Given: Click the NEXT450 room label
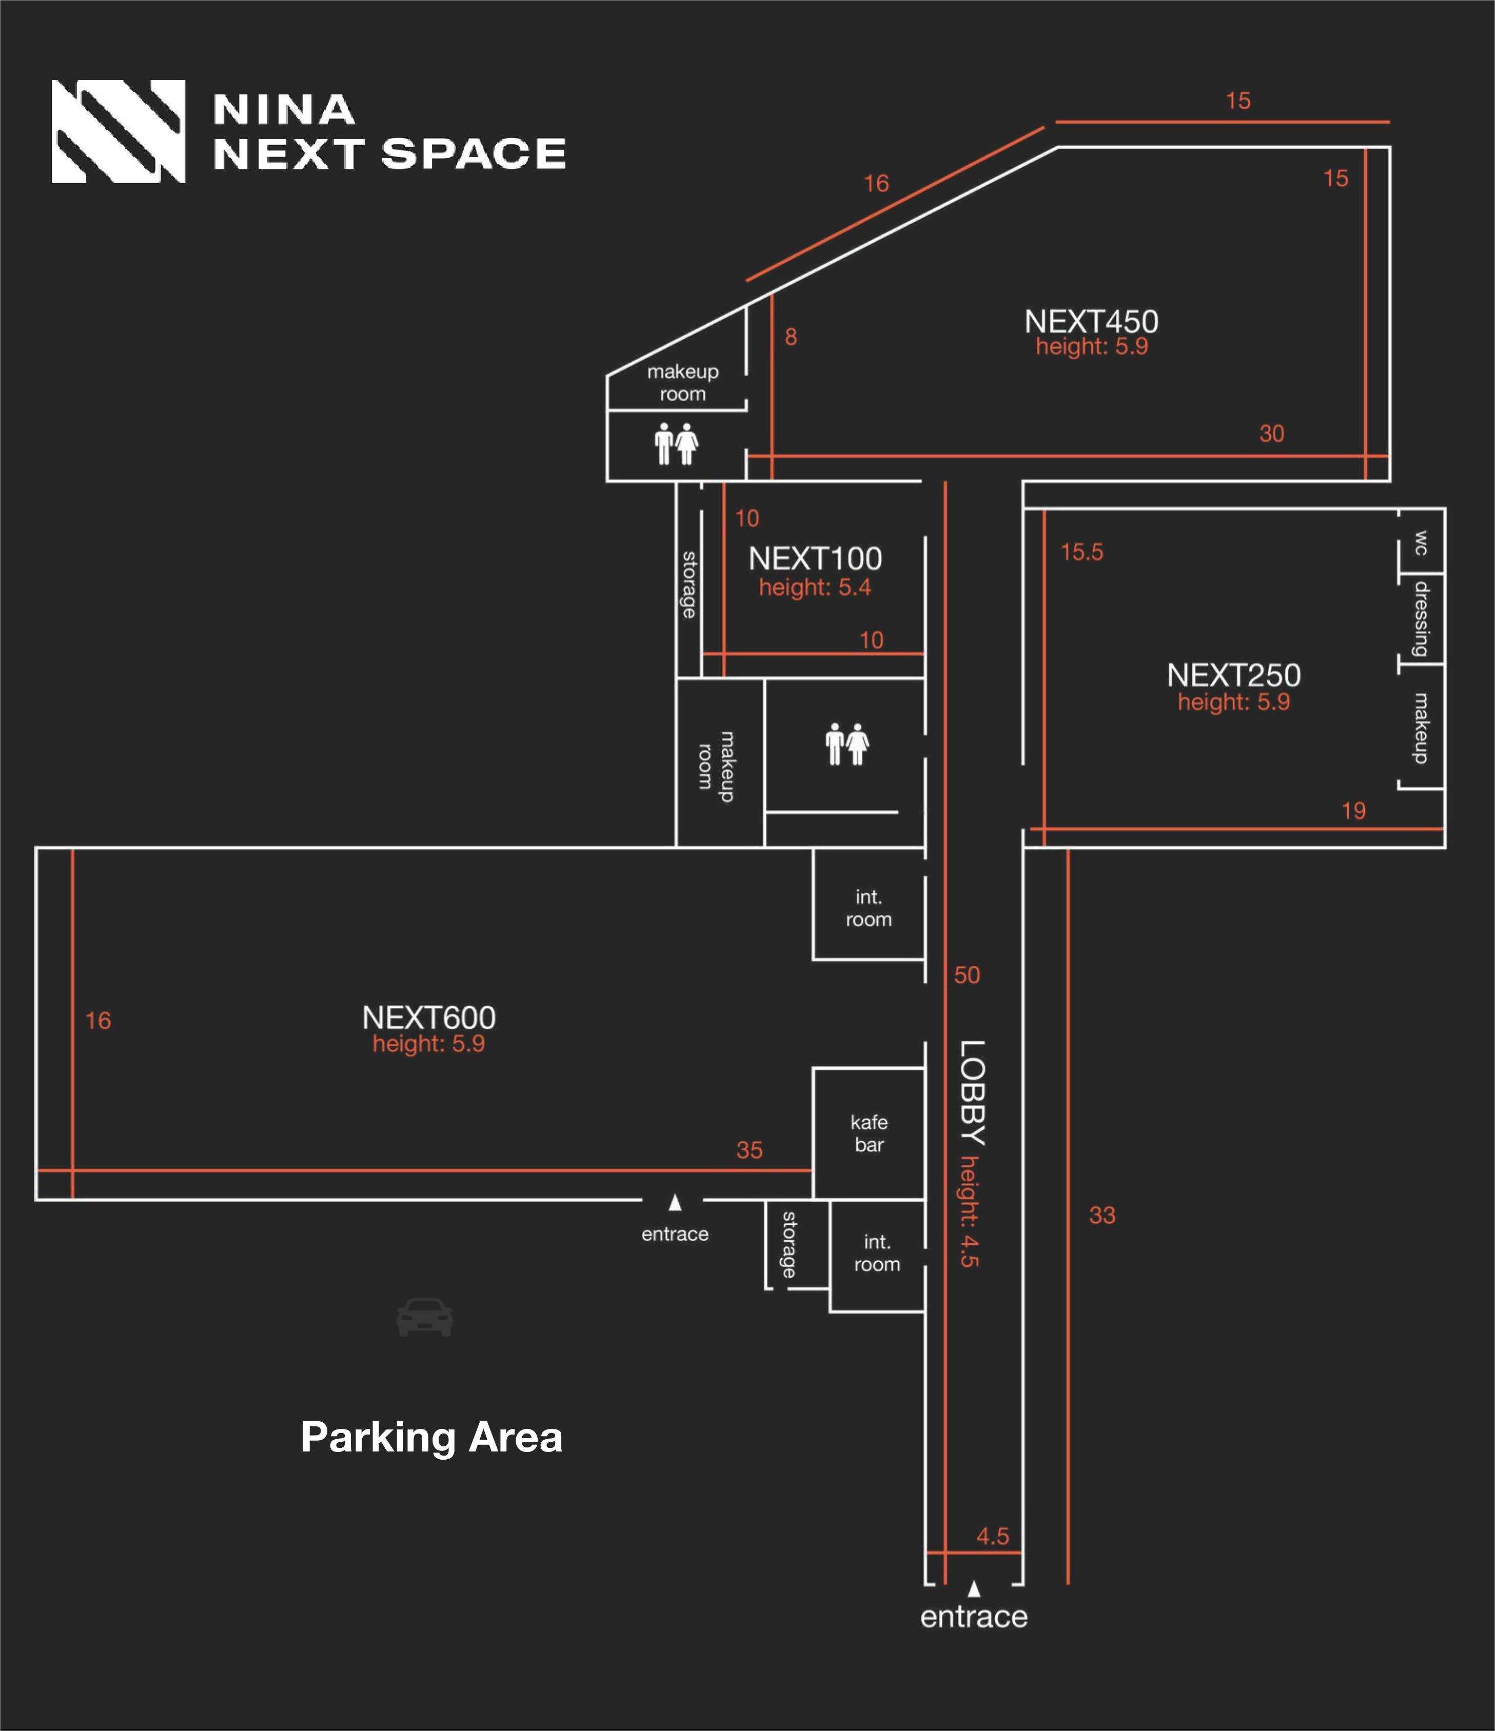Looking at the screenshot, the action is (1091, 322).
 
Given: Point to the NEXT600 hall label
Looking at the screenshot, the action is (429, 1018).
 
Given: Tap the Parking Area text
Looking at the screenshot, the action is (431, 1437).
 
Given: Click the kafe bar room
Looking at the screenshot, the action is (869, 1133).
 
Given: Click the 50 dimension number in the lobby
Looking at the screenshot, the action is (967, 975).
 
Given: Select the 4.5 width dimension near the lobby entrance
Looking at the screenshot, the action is (993, 1536).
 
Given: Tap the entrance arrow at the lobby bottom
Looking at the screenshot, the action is (974, 1588).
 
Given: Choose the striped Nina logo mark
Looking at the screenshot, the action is (118, 131).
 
